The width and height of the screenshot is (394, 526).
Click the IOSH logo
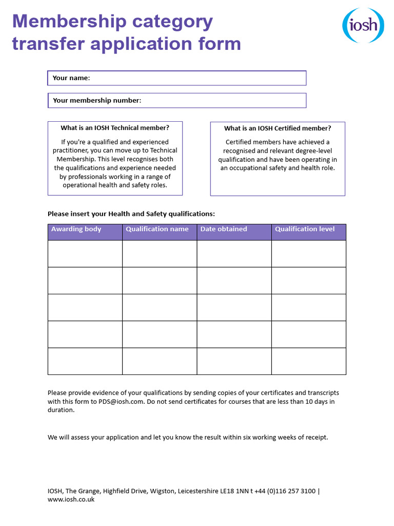click(363, 25)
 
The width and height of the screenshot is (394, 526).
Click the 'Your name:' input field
click(198, 78)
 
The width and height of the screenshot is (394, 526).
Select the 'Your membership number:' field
click(223, 101)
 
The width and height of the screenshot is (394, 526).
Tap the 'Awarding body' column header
click(76, 229)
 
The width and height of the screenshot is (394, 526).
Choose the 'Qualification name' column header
click(157, 229)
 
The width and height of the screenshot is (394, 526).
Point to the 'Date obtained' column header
click(224, 229)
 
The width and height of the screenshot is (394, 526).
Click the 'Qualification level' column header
click(305, 229)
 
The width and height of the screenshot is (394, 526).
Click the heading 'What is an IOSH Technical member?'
click(115, 128)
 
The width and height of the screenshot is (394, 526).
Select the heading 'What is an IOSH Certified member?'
click(278, 128)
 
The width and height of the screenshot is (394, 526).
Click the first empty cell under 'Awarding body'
click(85, 254)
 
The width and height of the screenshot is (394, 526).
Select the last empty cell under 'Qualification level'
click(309, 361)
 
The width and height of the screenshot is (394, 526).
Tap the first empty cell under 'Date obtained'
click(234, 254)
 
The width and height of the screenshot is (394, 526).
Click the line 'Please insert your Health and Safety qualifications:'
click(131, 214)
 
